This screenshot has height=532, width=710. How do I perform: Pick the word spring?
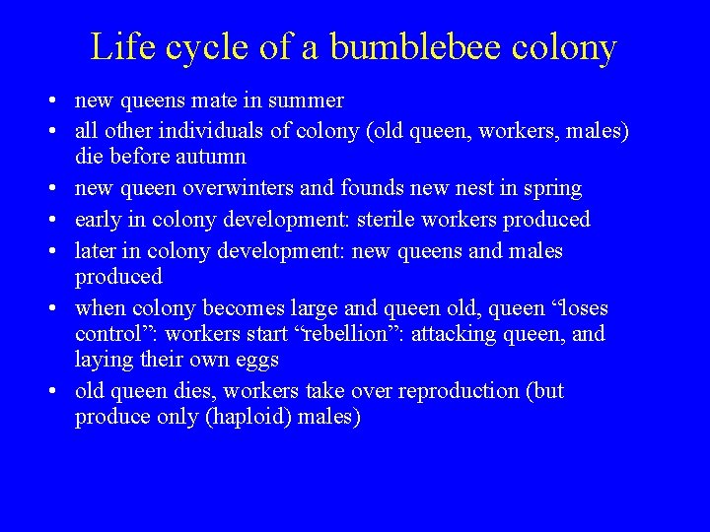click(x=553, y=188)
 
